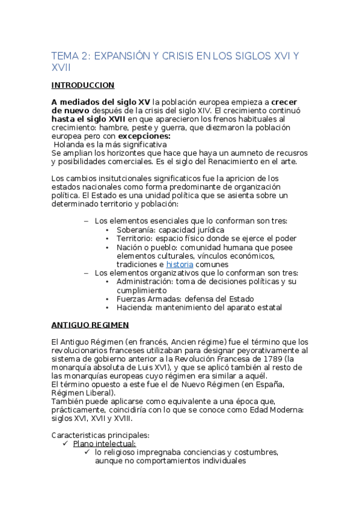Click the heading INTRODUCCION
click(83, 85)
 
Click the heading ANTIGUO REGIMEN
click(90, 325)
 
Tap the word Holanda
click(72, 145)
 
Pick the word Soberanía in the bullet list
click(136, 230)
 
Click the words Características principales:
click(100, 435)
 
